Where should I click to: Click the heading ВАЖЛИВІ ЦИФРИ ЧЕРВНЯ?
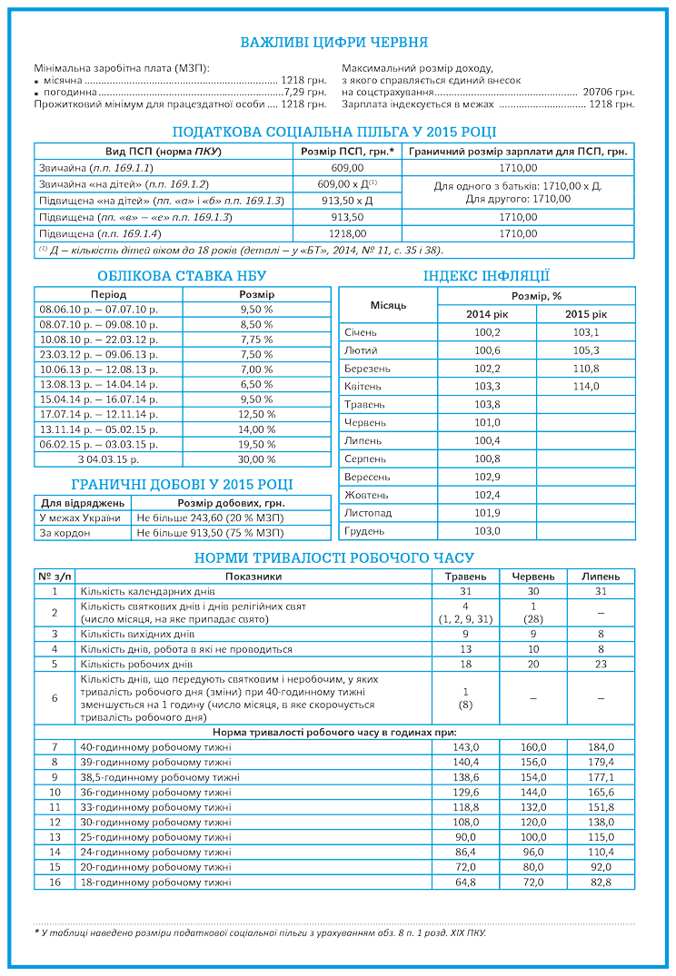tap(333, 43)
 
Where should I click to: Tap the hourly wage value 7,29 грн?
tap(304, 93)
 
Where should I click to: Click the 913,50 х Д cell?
tap(346, 201)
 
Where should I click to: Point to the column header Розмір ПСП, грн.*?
tap(346, 152)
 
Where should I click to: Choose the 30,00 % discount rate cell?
tap(256, 459)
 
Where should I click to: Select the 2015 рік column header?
tap(586, 314)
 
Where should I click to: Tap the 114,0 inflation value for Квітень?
tap(586, 386)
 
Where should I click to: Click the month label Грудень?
tap(364, 530)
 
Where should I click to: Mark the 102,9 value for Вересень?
tap(487, 477)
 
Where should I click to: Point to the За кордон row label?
tap(65, 533)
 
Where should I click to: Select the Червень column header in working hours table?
tap(533, 577)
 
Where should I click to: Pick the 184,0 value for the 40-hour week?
tap(601, 746)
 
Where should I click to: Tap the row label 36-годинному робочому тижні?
tap(155, 793)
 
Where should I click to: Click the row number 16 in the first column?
tap(55, 882)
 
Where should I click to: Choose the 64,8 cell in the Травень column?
tap(465, 882)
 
